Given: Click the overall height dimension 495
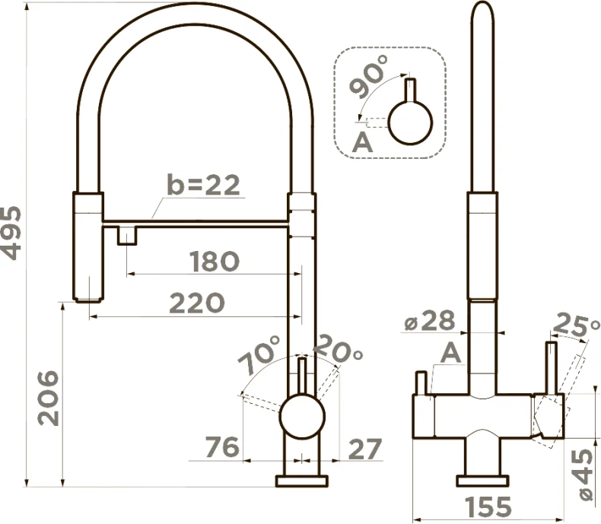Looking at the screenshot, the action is (11, 233).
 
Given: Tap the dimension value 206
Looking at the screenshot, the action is (49, 398).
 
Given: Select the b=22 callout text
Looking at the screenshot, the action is (204, 185).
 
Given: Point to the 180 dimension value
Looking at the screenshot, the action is (215, 261).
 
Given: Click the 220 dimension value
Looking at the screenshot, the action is (196, 303).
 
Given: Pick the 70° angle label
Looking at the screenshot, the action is (259, 355).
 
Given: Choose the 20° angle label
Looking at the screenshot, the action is (338, 348).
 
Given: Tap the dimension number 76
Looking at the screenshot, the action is (222, 446).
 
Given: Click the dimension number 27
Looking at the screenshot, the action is (365, 449).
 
